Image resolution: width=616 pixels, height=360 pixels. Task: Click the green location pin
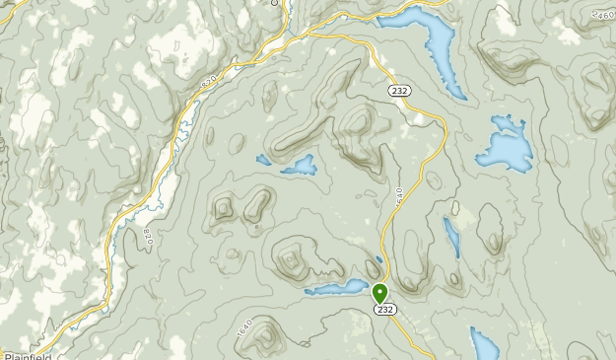click(380, 293)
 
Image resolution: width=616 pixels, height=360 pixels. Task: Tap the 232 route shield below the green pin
click(384, 310)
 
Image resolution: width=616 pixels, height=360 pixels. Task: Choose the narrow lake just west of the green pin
click(337, 288)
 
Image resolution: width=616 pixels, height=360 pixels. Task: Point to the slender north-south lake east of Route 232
click(451, 237)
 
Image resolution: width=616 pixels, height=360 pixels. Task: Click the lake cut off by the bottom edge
click(483, 345)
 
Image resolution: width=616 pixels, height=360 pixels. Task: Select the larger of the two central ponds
click(299, 166)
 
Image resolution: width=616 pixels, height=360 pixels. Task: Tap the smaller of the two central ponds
click(263, 159)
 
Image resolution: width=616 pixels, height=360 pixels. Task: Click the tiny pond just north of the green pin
click(378, 259)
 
